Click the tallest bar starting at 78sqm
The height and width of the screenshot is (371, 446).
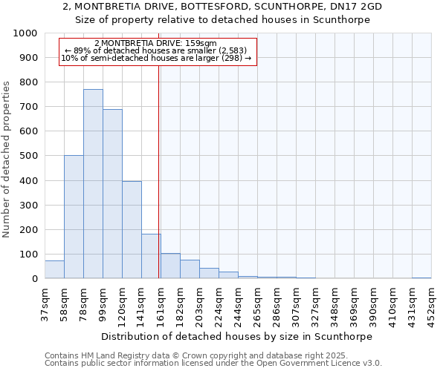coord(93,184)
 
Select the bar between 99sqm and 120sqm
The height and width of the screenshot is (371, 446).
coord(112,194)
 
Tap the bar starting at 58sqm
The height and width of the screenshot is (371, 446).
coord(74,217)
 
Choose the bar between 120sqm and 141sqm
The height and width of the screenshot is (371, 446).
coord(132,230)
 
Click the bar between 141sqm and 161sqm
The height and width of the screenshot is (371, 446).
coord(151,256)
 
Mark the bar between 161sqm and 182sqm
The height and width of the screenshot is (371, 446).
coord(170,266)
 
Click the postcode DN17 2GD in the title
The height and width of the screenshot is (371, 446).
coord(356,6)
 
